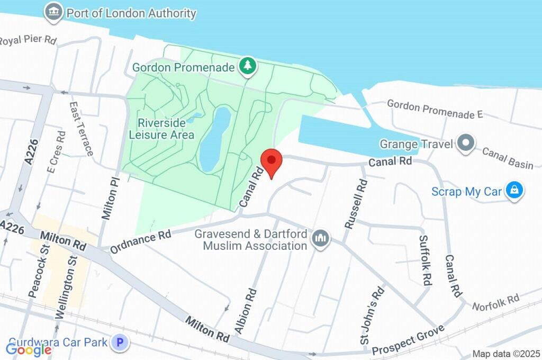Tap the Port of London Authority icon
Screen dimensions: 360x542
pyautogui.click(x=53, y=13)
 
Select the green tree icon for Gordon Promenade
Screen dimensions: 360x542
pyautogui.click(x=247, y=66)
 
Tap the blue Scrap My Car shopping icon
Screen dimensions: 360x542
pyautogui.click(x=514, y=191)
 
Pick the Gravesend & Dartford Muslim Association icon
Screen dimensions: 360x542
pyautogui.click(x=320, y=239)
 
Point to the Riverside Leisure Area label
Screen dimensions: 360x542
pyautogui.click(x=161, y=129)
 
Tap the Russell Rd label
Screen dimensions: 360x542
pyautogui.click(x=356, y=204)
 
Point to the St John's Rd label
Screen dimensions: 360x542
pyautogui.click(x=372, y=316)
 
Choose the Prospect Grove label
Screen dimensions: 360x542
pyautogui.click(x=407, y=341)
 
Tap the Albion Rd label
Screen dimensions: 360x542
pyautogui.click(x=246, y=311)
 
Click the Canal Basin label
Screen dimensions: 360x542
pyautogui.click(x=507, y=158)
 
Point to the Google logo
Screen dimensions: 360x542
pyautogui.click(x=29, y=349)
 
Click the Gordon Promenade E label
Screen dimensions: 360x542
pyautogui.click(x=435, y=109)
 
